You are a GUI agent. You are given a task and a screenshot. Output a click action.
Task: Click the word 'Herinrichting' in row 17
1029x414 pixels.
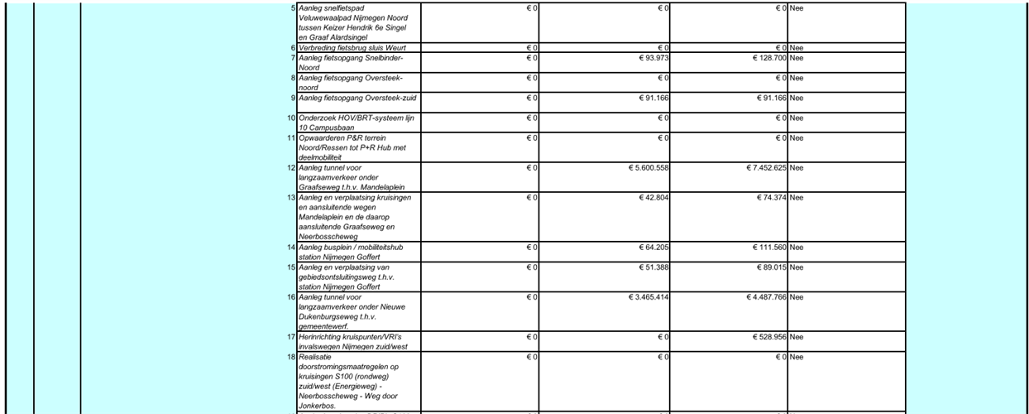click(x=319, y=338)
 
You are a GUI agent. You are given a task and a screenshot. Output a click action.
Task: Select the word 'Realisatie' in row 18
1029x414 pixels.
click(x=315, y=357)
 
